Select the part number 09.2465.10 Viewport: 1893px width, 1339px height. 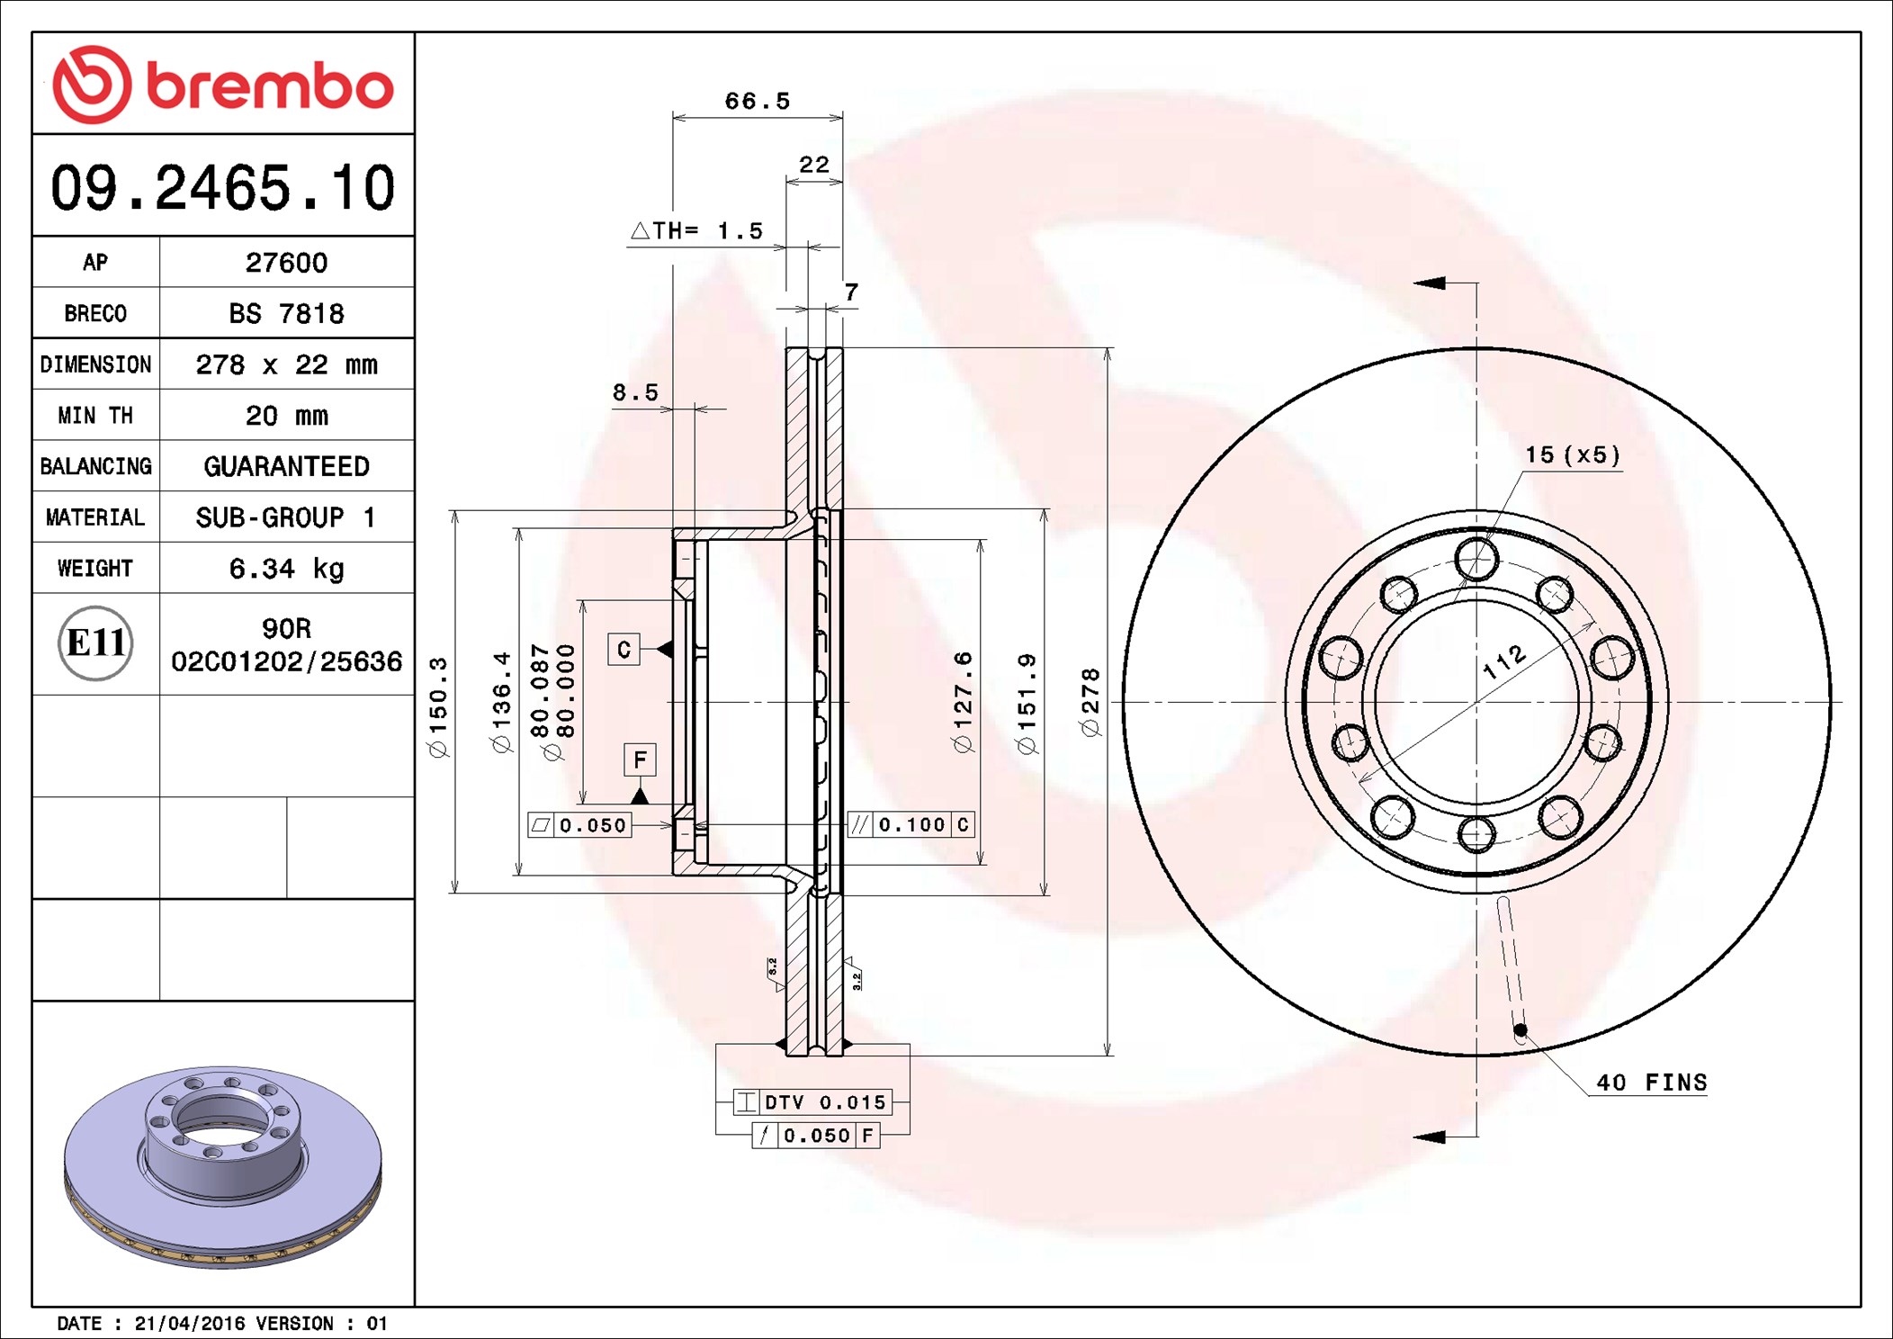(223, 188)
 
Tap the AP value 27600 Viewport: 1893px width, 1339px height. (286, 263)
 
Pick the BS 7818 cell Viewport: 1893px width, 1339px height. (286, 313)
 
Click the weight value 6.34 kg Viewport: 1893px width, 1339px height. (286, 569)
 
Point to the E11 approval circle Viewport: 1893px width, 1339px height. (95, 643)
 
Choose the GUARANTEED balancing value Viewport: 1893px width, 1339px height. (286, 466)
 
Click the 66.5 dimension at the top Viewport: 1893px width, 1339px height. (758, 101)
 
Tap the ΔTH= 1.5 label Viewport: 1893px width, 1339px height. (696, 231)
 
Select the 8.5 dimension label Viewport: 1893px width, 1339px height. (635, 392)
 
